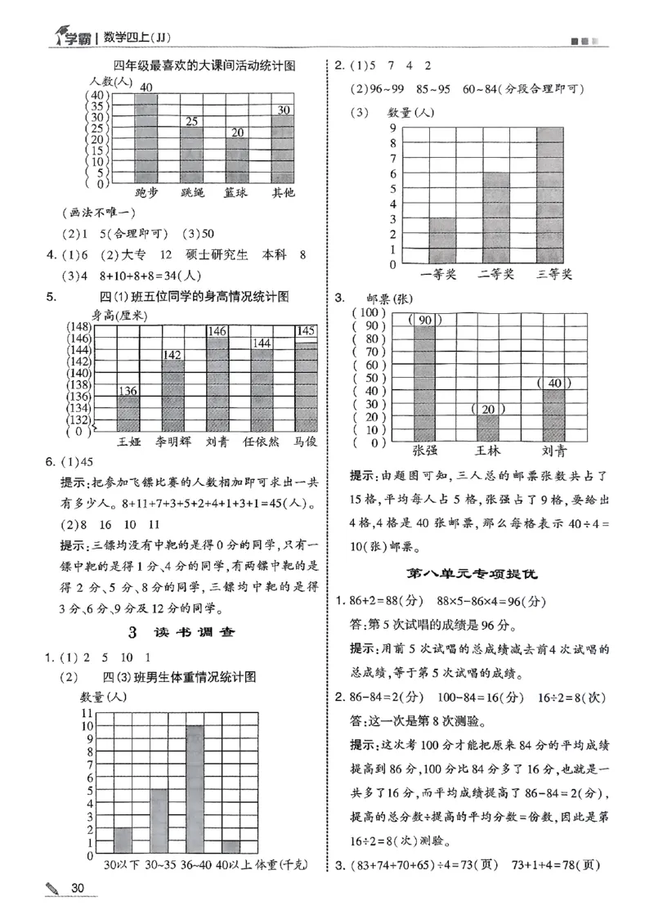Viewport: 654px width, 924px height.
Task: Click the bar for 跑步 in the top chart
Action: coord(146,139)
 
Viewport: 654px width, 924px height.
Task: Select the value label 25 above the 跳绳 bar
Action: coord(191,122)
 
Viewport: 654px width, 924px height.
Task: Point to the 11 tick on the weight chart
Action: coord(86,712)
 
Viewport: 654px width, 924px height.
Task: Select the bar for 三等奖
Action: coord(549,196)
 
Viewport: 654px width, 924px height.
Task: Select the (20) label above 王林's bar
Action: coord(487,409)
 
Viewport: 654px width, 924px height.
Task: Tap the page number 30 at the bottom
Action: coord(78,889)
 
